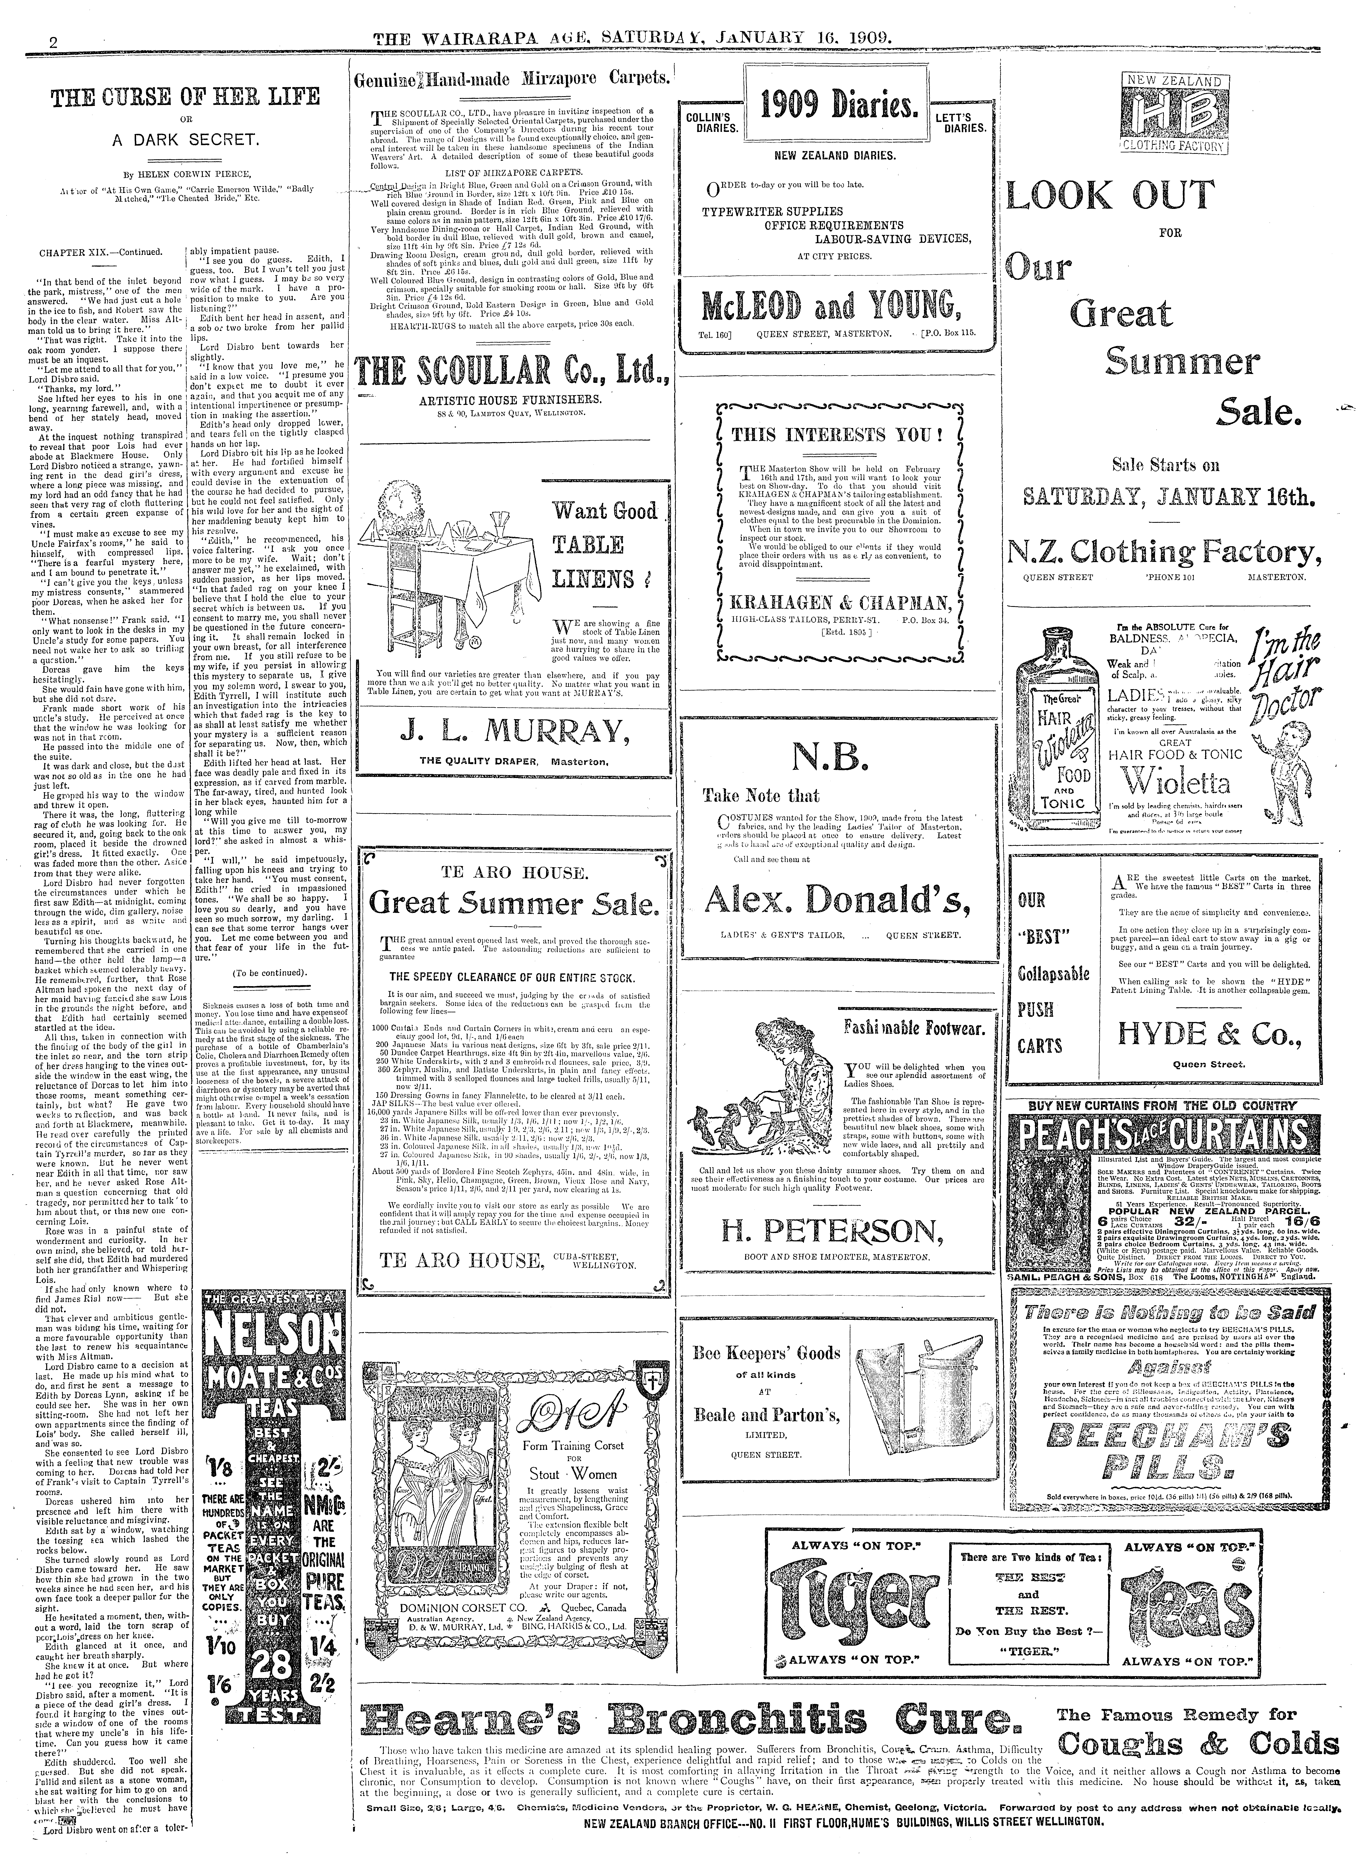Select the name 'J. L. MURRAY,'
point(512,731)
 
